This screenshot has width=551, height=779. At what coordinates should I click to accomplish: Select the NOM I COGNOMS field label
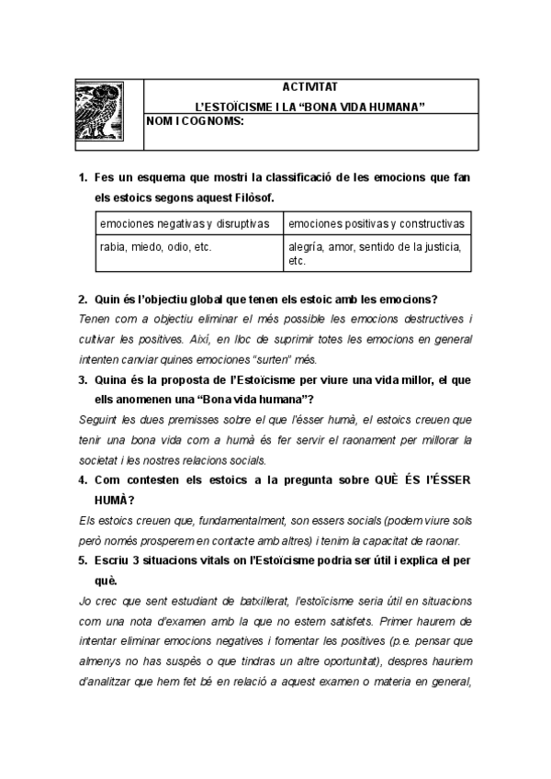point(195,121)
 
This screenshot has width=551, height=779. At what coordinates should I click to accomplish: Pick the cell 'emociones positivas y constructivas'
point(376,223)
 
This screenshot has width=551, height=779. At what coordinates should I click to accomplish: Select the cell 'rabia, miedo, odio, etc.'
point(147,246)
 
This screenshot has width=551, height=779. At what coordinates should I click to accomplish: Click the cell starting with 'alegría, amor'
point(376,253)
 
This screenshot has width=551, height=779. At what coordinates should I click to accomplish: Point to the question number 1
point(82,176)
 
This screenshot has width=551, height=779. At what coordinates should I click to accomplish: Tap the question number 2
point(82,299)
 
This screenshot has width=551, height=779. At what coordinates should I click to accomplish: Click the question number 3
point(82,379)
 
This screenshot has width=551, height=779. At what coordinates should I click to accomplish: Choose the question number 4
point(82,480)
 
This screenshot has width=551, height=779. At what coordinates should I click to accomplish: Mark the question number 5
point(82,560)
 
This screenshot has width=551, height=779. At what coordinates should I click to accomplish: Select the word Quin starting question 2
point(107,299)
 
